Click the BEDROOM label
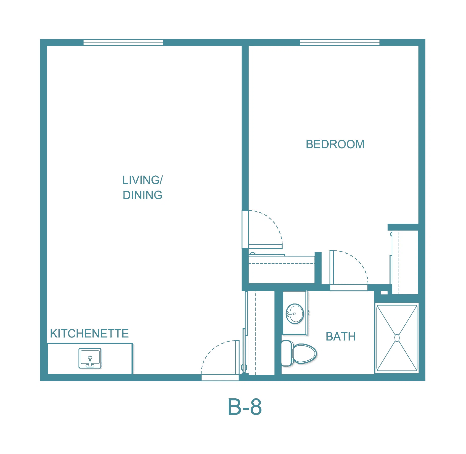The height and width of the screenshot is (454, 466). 335,144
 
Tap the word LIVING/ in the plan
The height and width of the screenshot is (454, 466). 143,180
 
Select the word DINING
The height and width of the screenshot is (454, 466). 142,195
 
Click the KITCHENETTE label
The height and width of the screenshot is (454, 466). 89,334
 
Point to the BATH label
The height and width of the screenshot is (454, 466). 341,337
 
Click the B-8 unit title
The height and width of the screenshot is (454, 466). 245,407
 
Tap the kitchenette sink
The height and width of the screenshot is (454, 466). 90,358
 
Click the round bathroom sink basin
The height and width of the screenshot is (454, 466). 295,314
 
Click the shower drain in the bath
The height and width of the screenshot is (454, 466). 397,338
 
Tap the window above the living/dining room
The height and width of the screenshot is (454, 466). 123,43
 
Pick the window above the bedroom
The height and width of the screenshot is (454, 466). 340,43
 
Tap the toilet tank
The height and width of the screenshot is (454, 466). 286,353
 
